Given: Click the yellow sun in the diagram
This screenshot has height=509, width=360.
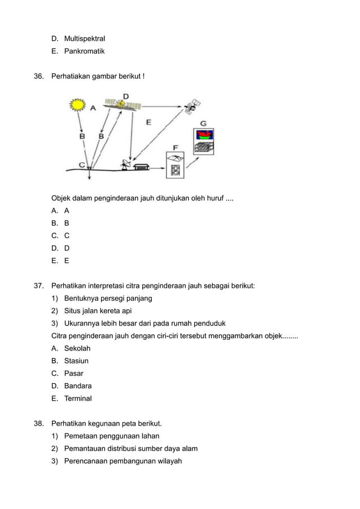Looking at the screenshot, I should coord(77,104).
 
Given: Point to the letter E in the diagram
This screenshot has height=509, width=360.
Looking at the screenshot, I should coord(148,121).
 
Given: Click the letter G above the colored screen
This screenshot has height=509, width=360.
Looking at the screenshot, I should coord(203,124).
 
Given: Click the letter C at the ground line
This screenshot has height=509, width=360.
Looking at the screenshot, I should coord(82,165).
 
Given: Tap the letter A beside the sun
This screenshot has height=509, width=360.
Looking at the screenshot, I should coord(93,107).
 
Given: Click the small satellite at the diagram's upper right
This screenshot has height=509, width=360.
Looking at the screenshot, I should coord(194,106).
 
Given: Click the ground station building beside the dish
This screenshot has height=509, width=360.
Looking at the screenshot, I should coord(141,166).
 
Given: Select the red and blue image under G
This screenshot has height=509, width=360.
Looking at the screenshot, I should coord(204,135).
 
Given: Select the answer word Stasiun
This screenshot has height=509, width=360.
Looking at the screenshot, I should coord(76,361).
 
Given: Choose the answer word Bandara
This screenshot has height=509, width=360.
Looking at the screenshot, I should coord(78,386).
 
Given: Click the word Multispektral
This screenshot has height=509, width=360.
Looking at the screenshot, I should coord(85,39).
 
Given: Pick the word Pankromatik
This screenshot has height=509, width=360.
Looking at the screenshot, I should coord(84,51).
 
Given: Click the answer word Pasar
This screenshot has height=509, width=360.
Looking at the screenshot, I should coord(74,374).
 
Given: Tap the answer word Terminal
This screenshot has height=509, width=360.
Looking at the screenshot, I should coord(78,398).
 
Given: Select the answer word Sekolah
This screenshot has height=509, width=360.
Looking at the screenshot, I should coord(77,348).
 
